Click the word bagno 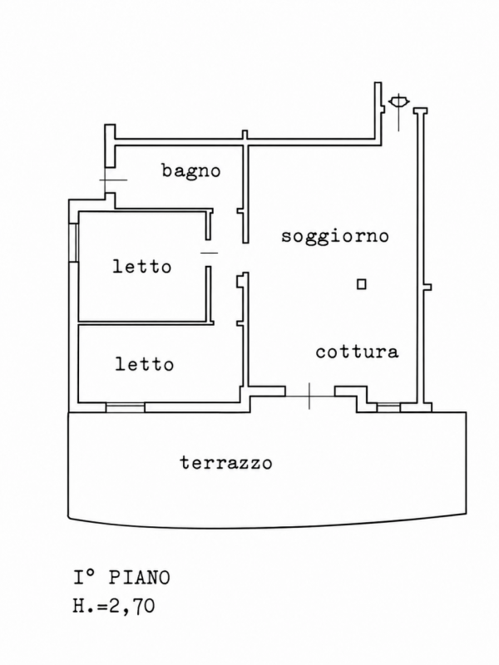point(191,171)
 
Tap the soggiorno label point(335,236)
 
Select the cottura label point(358,352)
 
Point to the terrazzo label point(226,462)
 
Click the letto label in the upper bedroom point(142,266)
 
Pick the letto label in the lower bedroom point(145,364)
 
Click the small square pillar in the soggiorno point(362,283)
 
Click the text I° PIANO point(121,578)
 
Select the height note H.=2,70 point(114,606)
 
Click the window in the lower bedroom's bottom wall point(126,407)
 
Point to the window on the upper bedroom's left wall point(73,242)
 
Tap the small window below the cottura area point(388,407)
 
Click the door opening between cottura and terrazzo point(309,396)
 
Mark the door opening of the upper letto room point(209,253)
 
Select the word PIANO point(140,578)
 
